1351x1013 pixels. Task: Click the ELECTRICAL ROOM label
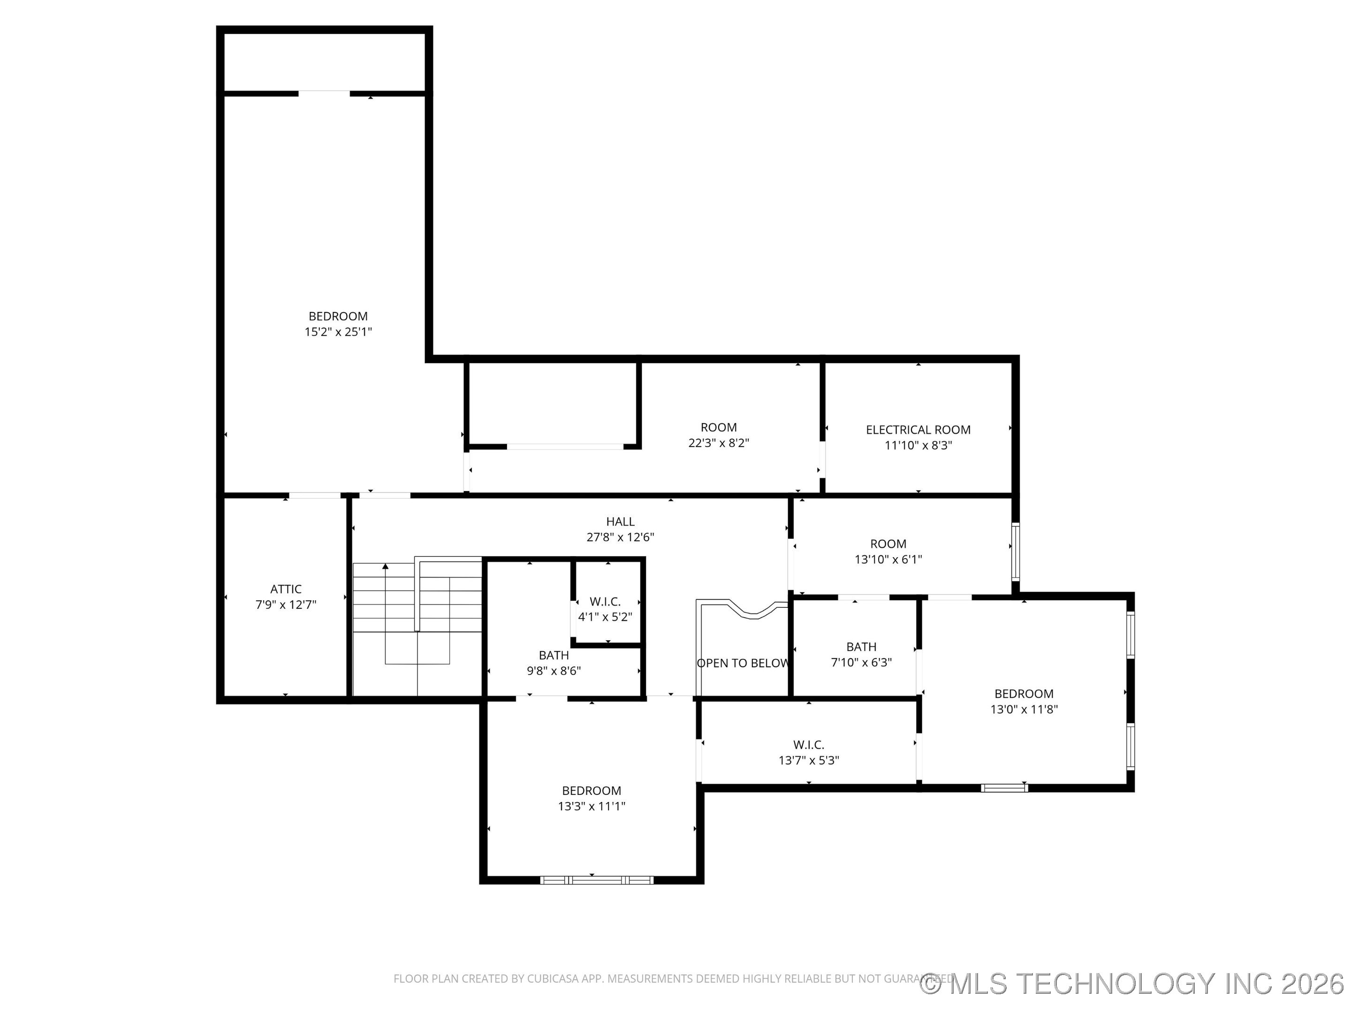pyautogui.click(x=918, y=430)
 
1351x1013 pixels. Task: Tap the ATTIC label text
pyautogui.click(x=286, y=589)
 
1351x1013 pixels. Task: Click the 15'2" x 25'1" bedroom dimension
pyautogui.click(x=338, y=332)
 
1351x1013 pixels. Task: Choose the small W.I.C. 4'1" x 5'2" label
pyautogui.click(x=605, y=609)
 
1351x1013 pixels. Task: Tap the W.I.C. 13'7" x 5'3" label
pyautogui.click(x=809, y=752)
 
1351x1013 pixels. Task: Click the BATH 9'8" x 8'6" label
pyautogui.click(x=554, y=663)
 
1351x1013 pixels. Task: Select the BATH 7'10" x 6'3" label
pyautogui.click(x=861, y=655)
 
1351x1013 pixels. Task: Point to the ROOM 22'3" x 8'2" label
pyautogui.click(x=718, y=435)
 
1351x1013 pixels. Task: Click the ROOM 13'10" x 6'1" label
pyautogui.click(x=888, y=552)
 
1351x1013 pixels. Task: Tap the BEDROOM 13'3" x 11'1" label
pyautogui.click(x=591, y=798)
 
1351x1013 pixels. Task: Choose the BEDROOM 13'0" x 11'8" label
pyautogui.click(x=1024, y=702)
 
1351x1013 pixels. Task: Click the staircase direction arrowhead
pyautogui.click(x=386, y=567)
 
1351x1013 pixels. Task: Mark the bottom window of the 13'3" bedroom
pyautogui.click(x=596, y=880)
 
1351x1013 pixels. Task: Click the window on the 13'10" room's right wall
pyautogui.click(x=1015, y=552)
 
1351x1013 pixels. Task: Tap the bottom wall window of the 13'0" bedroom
pyautogui.click(x=1004, y=788)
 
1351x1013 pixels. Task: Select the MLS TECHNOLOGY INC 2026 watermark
pyautogui.click(x=1133, y=984)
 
